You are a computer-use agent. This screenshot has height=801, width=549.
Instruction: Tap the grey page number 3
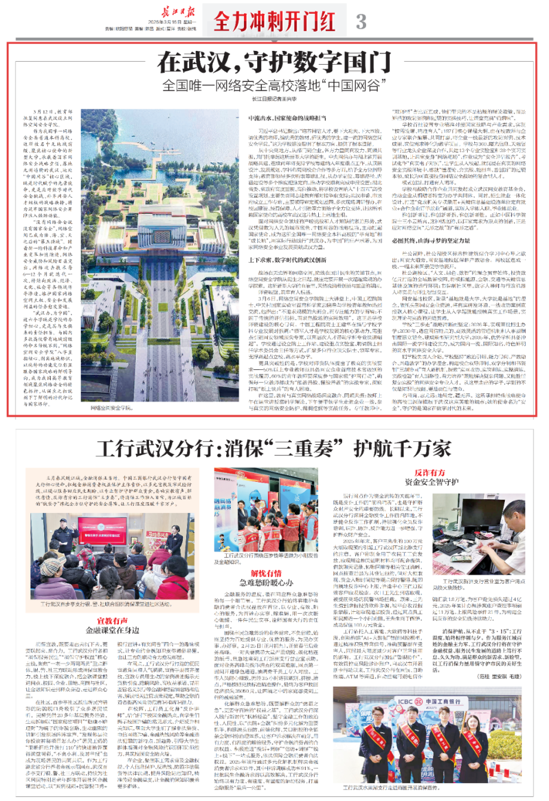(x=361, y=22)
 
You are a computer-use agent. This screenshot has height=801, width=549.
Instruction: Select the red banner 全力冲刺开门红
(x=274, y=23)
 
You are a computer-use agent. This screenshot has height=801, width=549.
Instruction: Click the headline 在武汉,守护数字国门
(x=274, y=63)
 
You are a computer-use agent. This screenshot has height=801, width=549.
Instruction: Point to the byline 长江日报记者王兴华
(x=274, y=99)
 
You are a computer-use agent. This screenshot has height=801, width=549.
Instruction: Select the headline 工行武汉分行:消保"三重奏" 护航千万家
(x=274, y=448)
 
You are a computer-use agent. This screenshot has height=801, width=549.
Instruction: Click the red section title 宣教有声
(x=112, y=621)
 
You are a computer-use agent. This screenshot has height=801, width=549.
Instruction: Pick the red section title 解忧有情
(x=266, y=573)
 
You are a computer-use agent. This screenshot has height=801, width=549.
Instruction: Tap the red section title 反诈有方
(x=429, y=473)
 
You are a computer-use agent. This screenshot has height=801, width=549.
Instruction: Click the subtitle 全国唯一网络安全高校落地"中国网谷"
(x=274, y=84)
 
